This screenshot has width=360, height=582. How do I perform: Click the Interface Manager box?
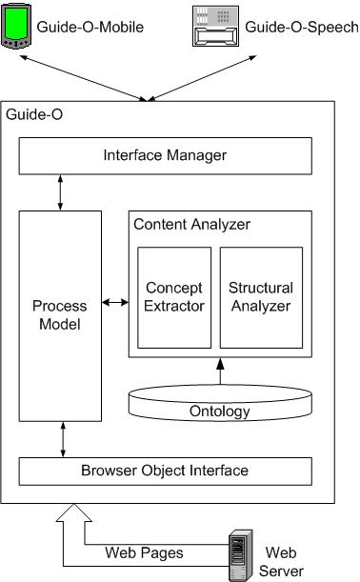pos(166,153)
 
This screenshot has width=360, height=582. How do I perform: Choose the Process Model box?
pos(60,316)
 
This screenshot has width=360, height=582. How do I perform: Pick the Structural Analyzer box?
pos(261,296)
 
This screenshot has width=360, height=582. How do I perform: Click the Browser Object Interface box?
pos(166,471)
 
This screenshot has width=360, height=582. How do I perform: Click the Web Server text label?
pos(283,561)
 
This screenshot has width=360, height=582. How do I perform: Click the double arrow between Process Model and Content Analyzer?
pos(115,303)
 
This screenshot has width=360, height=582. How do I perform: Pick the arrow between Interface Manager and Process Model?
pos(62,191)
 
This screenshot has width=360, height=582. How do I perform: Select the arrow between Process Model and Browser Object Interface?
pos(62,439)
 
